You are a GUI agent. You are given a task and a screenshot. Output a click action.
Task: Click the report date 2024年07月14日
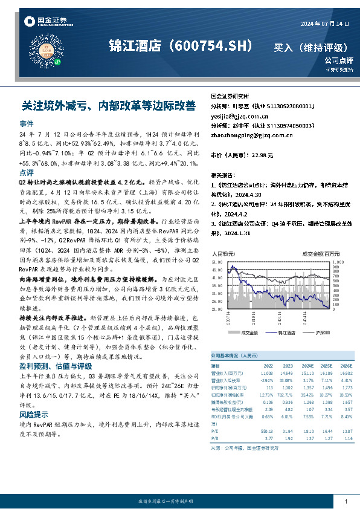click(325, 24)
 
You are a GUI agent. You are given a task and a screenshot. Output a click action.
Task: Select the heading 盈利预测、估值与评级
click(56, 365)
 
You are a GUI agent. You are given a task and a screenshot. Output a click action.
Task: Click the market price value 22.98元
click(262, 155)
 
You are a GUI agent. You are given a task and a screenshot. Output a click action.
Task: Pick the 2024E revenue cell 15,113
click(306, 374)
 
